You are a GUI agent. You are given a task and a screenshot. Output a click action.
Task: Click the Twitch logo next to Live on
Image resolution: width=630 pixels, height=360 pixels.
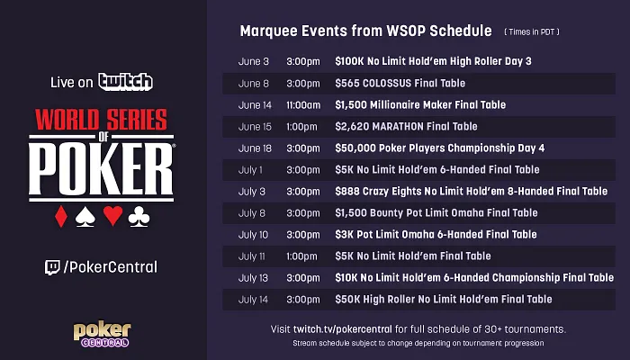pyautogui.click(x=126, y=82)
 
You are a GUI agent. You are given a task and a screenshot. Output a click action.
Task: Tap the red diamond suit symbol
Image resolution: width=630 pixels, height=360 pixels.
pyautogui.click(x=61, y=217)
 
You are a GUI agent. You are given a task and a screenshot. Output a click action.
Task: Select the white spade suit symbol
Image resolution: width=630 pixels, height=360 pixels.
pyautogui.click(x=86, y=217)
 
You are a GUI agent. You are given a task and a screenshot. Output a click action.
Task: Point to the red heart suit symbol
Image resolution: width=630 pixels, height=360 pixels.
pyautogui.click(x=112, y=217)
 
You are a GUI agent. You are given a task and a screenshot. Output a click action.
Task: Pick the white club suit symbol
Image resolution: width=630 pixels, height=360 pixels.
pyautogui.click(x=139, y=217)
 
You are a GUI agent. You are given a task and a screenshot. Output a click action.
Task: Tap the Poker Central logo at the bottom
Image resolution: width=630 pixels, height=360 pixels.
pyautogui.click(x=101, y=334)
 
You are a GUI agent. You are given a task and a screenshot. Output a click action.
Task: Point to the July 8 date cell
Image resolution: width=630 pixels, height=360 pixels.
pyautogui.click(x=251, y=212)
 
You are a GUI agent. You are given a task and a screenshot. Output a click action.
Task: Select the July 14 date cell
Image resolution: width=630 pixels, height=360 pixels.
pyautogui.click(x=253, y=299)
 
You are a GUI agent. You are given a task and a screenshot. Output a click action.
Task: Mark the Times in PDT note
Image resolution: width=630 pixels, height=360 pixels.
pyautogui.click(x=530, y=32)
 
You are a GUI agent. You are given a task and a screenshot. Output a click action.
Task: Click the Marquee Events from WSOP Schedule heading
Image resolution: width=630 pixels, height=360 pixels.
pyautogui.click(x=365, y=31)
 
